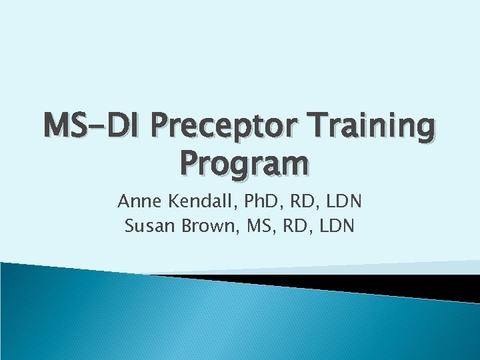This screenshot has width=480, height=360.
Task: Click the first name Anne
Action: point(137,201)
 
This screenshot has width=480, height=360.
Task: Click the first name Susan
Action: point(147,227)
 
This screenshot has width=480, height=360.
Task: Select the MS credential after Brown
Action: point(256,227)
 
